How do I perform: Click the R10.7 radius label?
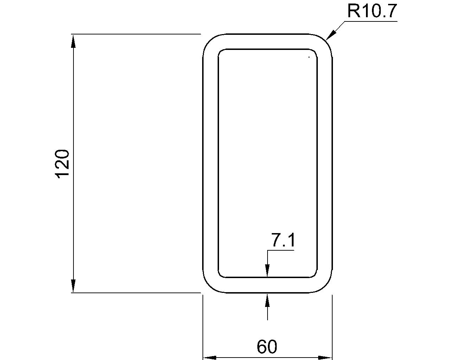pyautogui.click(x=372, y=11)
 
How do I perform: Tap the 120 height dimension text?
pyautogui.click(x=63, y=163)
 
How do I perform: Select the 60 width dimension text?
pyautogui.click(x=267, y=347)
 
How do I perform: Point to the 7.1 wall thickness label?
pyautogui.click(x=283, y=241)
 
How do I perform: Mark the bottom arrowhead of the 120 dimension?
pyautogui.click(x=73, y=286)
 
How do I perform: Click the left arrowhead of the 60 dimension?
pyautogui.click(x=210, y=358)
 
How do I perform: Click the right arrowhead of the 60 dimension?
pyautogui.click(x=325, y=358)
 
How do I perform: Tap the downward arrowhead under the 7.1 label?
pyautogui.click(x=268, y=271)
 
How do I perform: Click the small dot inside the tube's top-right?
pyautogui.click(x=309, y=57)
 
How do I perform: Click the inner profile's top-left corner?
pyautogui.click(x=220, y=51)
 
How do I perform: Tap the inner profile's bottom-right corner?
pyautogui.click(x=315, y=275)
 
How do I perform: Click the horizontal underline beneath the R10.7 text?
pyautogui.click(x=371, y=21)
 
